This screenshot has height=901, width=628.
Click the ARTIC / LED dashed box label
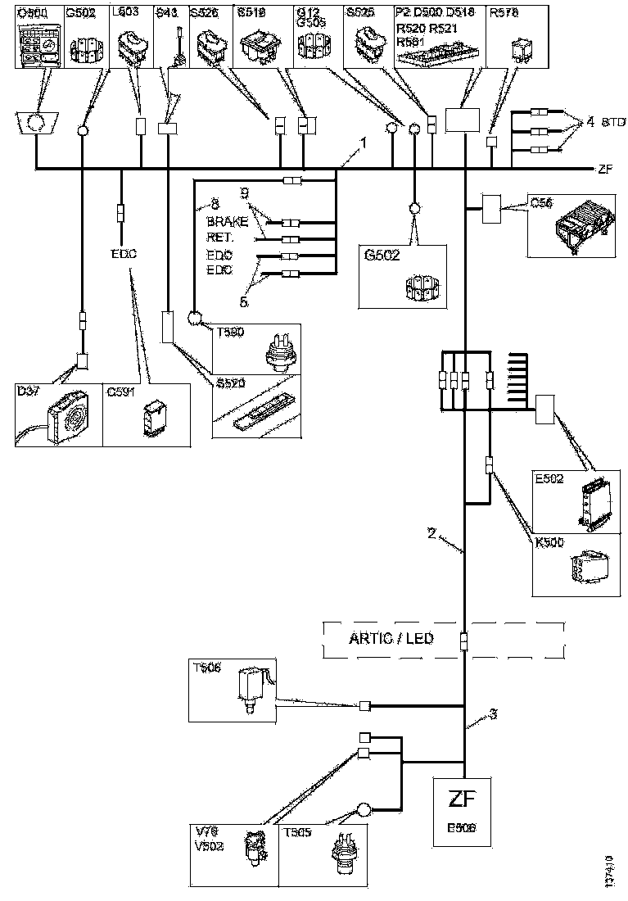tap(392, 639)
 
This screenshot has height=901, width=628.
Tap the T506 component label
tap(206, 667)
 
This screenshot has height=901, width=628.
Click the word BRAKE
tap(226, 223)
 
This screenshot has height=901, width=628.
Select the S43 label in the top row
tap(166, 12)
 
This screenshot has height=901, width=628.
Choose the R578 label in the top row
tap(502, 12)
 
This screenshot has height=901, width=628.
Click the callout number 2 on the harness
tap(431, 532)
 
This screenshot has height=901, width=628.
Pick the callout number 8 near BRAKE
tap(215, 201)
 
